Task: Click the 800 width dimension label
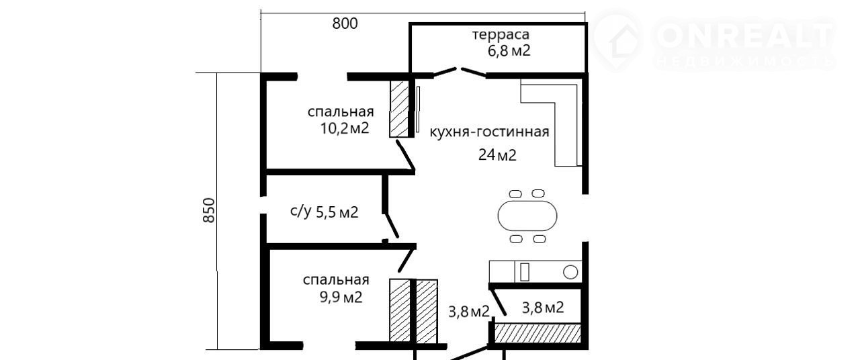click(x=345, y=24)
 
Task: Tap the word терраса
click(x=501, y=34)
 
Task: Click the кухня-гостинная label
click(x=489, y=132)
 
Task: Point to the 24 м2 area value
click(x=497, y=155)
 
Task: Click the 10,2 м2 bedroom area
click(x=345, y=128)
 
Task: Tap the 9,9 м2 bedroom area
click(x=339, y=296)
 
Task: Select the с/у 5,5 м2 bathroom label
click(x=324, y=212)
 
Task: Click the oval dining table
click(x=527, y=216)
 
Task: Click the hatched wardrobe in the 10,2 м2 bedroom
click(x=399, y=109)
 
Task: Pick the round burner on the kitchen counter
click(x=570, y=272)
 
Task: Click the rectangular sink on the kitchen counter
click(x=525, y=272)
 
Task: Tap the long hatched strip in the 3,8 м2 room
click(x=537, y=333)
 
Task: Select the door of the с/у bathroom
click(x=391, y=226)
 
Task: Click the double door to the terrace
click(x=460, y=72)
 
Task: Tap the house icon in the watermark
click(x=617, y=40)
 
